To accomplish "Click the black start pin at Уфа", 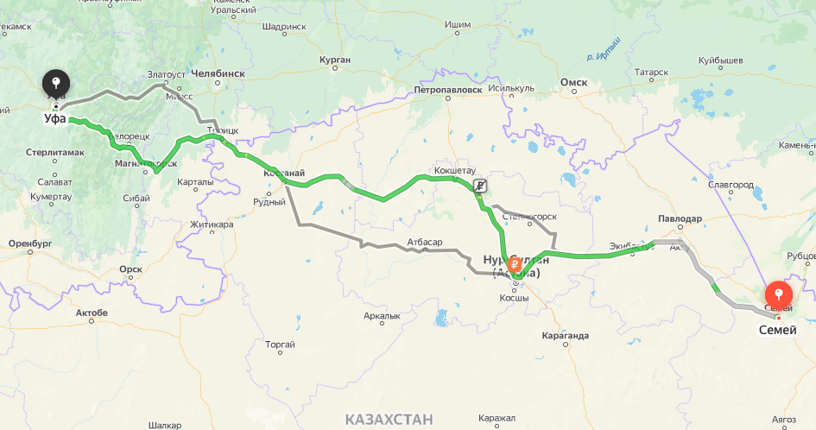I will click(x=56, y=84).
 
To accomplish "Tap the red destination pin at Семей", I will click(x=778, y=295).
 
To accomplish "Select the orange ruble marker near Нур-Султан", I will click(x=514, y=263).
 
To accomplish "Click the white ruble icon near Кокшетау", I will click(x=480, y=185).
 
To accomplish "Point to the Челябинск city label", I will click(x=218, y=73).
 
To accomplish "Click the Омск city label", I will click(x=573, y=83).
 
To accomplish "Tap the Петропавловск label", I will click(x=447, y=89).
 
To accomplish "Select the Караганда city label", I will click(x=566, y=335).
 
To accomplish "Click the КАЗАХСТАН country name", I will click(x=389, y=420).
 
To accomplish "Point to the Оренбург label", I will click(x=30, y=243).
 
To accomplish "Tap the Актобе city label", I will click(x=92, y=312).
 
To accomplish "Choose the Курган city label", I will click(x=334, y=60).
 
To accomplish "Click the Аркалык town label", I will click(x=382, y=316).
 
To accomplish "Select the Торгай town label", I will click(x=281, y=345).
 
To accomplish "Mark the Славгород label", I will click(x=731, y=185).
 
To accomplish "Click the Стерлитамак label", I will click(x=55, y=153).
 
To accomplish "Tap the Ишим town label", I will click(x=457, y=24).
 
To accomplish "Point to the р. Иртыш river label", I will click(x=604, y=49).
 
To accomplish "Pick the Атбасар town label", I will click(x=424, y=241).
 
